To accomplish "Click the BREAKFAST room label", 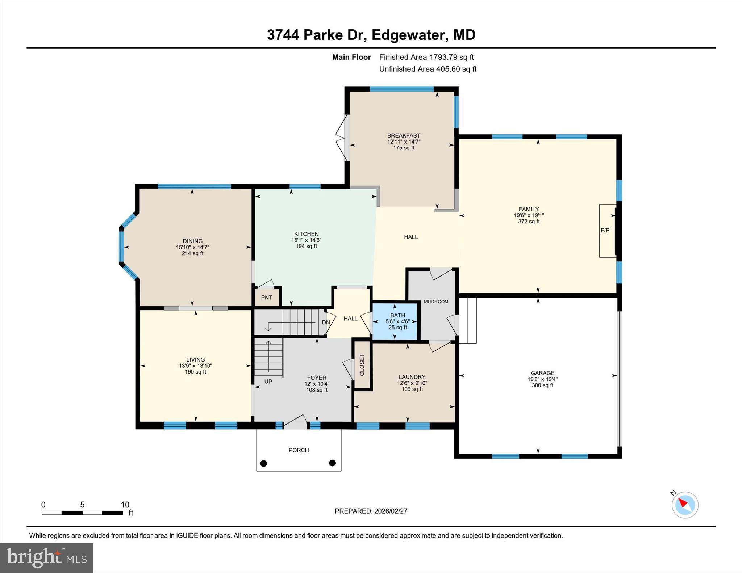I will click(404, 136).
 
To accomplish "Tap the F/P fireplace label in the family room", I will click(605, 230).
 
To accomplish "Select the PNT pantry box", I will click(267, 298).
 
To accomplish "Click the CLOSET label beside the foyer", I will click(362, 365).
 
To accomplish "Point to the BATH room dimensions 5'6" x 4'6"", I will click(397, 321).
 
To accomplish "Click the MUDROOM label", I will click(436, 302).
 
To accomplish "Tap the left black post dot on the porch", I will click(264, 463).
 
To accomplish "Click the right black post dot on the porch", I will click(332, 463).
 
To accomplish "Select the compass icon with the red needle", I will click(685, 505).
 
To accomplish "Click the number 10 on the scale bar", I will click(125, 505).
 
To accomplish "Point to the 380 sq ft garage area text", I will click(542, 385).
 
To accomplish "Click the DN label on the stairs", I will click(326, 322).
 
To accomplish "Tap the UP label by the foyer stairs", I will click(268, 382).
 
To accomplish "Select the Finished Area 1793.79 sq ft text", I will click(426, 57).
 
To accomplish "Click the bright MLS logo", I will click(46, 557).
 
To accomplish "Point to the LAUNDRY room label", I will click(412, 377).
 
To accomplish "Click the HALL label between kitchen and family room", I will click(411, 237).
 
